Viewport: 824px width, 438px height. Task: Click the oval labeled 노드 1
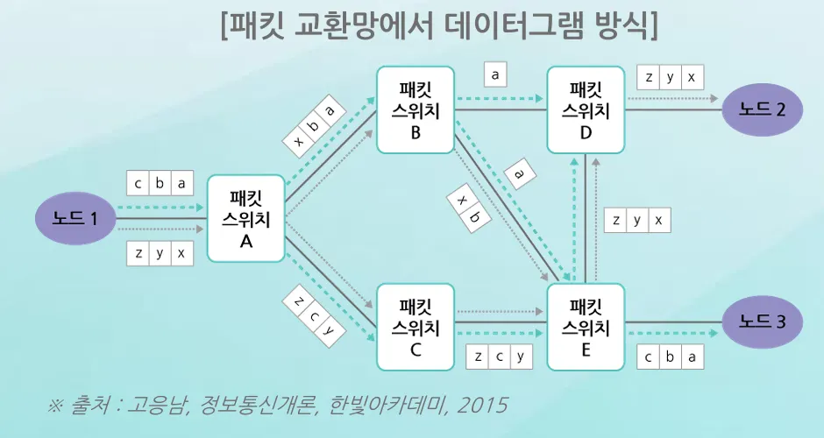point(75,218)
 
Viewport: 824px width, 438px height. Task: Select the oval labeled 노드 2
point(762,109)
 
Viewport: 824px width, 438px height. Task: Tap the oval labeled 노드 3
point(762,322)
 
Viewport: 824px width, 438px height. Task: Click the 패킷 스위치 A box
point(246,218)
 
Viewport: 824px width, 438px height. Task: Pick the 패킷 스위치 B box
point(416,109)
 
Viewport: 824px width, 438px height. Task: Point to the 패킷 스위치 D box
point(586,109)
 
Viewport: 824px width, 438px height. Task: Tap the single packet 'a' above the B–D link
point(495,75)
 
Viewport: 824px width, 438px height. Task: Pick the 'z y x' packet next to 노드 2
point(671,77)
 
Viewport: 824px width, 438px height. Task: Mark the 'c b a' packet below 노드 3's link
point(671,357)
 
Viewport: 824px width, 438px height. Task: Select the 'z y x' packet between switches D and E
point(638,220)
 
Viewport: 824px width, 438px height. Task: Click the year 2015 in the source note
point(484,406)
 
